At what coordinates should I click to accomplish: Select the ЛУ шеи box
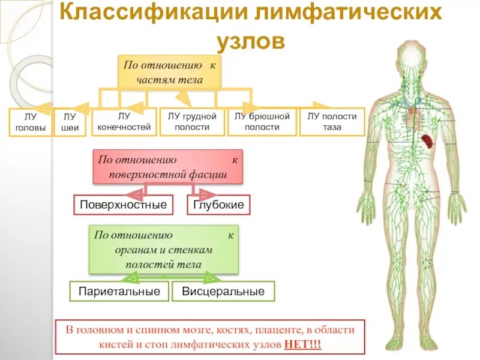pyautogui.click(x=70, y=123)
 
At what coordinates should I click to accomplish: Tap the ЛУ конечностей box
pyautogui.click(x=124, y=122)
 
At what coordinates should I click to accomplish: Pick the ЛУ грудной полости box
pyautogui.click(x=192, y=122)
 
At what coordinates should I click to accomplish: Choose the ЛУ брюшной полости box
pyautogui.click(x=262, y=122)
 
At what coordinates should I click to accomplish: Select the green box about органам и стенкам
pyautogui.click(x=164, y=250)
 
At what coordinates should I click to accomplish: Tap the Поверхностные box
pyautogui.click(x=124, y=205)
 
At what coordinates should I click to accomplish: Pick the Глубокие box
pyautogui.click(x=218, y=205)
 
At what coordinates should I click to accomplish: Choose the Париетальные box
pyautogui.click(x=119, y=292)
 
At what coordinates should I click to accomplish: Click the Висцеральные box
pyautogui.click(x=223, y=292)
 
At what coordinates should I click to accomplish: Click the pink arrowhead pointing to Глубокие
pyautogui.click(x=205, y=193)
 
